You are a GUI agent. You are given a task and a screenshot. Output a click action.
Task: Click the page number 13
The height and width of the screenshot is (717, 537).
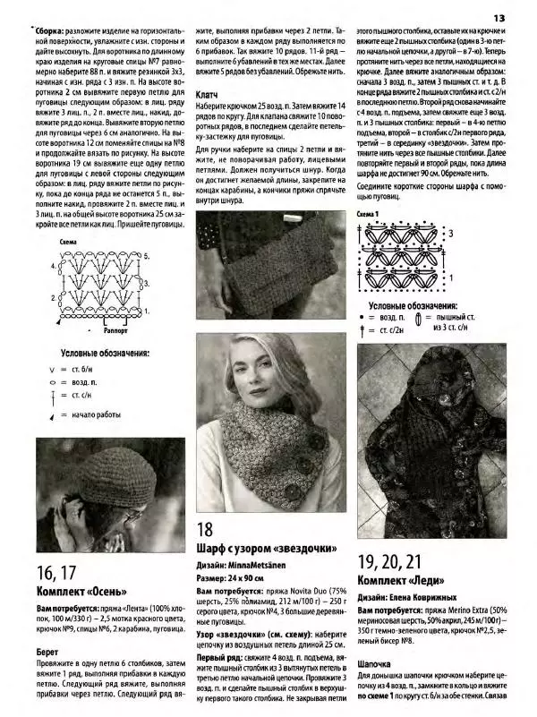click(x=499, y=18)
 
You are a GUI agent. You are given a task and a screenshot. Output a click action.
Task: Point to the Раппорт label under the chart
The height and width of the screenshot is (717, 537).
click(x=116, y=317)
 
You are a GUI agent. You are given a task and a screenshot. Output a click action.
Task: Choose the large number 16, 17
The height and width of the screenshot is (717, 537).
click(x=55, y=573)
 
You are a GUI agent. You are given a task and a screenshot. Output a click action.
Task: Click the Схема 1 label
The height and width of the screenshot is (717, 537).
click(x=368, y=215)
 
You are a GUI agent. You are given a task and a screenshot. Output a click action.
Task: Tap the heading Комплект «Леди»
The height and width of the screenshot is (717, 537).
click(x=405, y=580)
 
